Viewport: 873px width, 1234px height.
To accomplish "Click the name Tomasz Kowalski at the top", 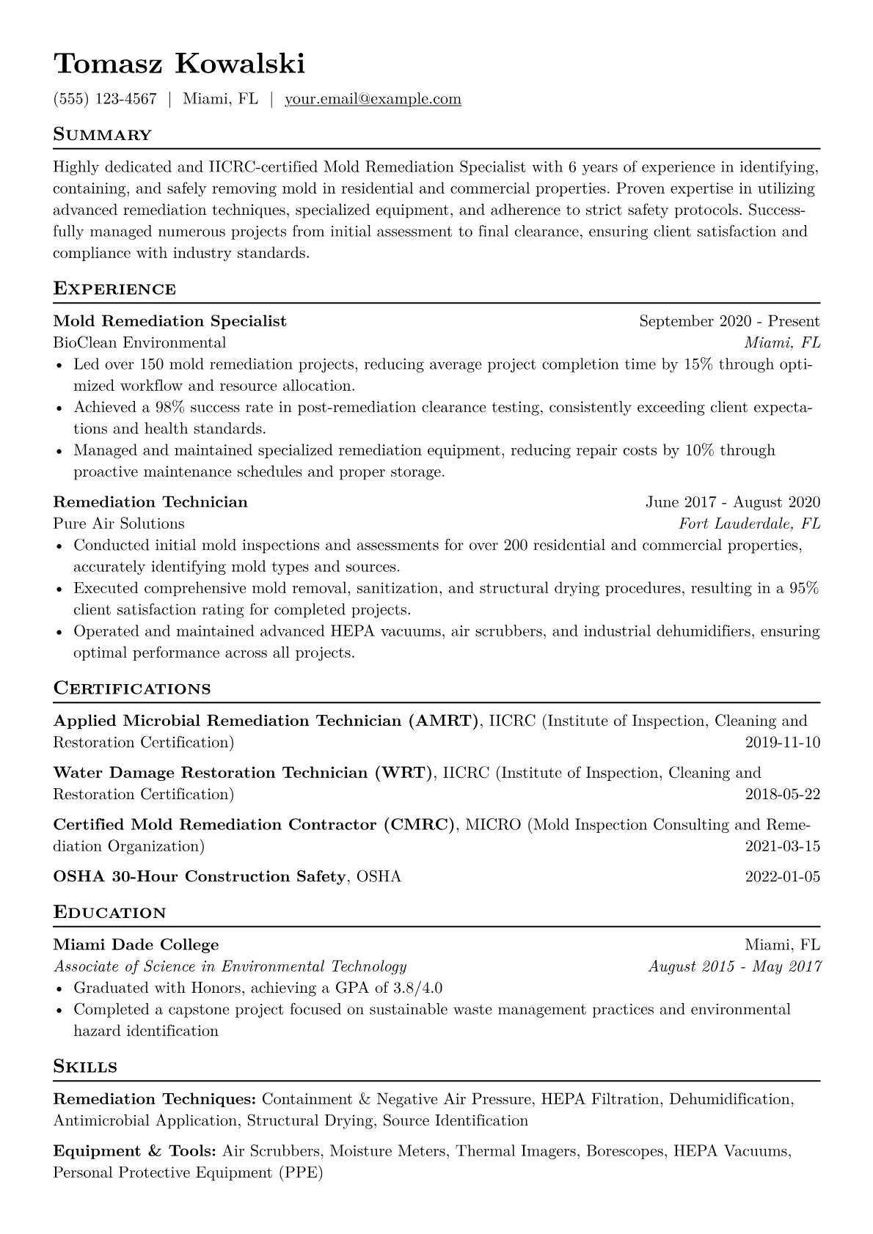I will point(179,65).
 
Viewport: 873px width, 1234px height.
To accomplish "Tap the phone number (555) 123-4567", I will point(105,99).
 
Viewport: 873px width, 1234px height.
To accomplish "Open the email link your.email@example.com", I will point(373,99).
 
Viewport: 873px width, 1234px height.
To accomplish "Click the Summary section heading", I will point(102,135).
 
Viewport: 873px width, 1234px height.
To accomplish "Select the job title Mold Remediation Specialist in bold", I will point(169,321).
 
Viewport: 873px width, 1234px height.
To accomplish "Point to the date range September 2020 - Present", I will point(729,321).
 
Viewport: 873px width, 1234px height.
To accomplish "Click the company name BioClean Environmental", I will point(139,342).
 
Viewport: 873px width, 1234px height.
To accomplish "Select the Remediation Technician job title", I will point(150,502).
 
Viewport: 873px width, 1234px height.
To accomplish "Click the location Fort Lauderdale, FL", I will point(749,524).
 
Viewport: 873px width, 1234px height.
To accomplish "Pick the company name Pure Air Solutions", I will point(119,524).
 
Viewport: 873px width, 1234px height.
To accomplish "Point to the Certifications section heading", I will point(132,688).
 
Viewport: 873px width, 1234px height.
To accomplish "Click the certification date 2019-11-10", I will point(782,743).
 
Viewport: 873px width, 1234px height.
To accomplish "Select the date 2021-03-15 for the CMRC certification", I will point(782,846).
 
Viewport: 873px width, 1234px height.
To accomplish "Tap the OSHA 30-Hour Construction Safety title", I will point(200,877).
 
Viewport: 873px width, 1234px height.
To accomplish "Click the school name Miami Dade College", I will point(136,945).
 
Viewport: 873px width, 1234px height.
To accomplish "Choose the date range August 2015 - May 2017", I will point(734,966).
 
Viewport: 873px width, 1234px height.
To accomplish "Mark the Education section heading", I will point(110,913).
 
